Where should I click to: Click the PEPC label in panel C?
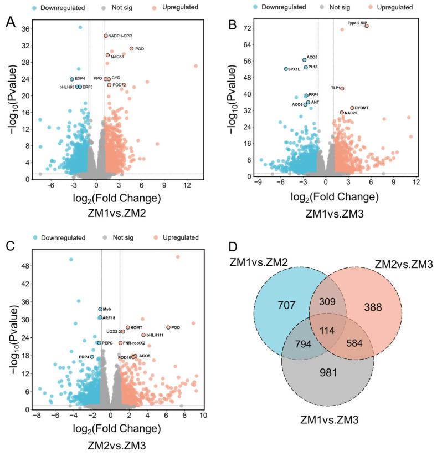click(107, 343)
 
